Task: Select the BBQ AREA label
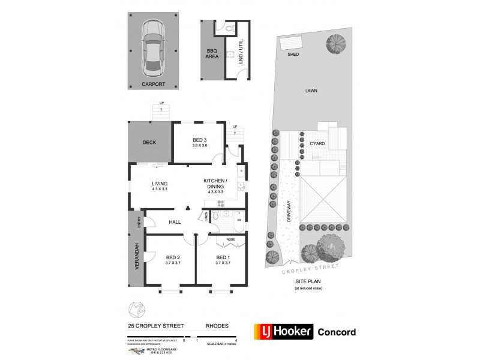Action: [212, 53]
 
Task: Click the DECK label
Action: [149, 143]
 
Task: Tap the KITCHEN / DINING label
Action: [215, 184]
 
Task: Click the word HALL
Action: [175, 222]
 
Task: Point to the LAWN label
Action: [310, 91]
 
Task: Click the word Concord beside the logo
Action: [336, 332]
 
